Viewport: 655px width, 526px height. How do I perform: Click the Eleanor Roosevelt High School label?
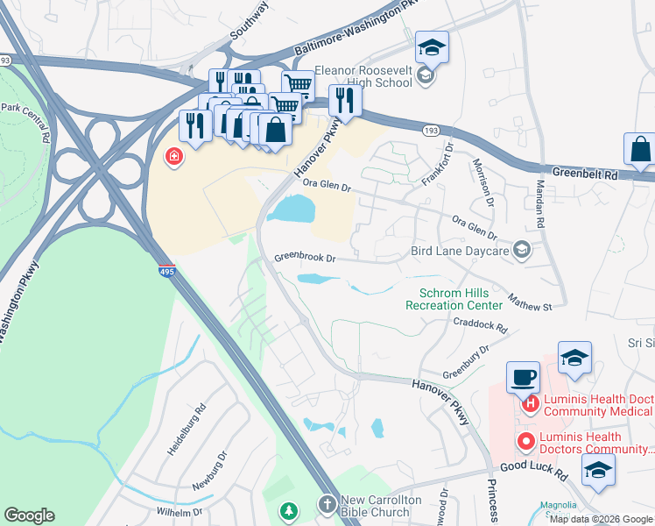click(363, 76)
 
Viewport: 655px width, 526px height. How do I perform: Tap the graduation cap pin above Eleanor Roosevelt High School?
click(431, 47)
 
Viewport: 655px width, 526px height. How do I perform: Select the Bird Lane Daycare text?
click(460, 252)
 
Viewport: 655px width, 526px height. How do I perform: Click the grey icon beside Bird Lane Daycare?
click(522, 252)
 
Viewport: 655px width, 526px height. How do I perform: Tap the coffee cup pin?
click(525, 377)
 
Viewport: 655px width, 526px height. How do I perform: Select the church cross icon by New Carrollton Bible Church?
click(327, 505)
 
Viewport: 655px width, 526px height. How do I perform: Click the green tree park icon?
click(289, 509)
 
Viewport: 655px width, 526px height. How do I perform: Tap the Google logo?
click(29, 515)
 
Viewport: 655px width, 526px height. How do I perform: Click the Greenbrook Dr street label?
click(305, 259)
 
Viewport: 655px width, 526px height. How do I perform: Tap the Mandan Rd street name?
click(540, 207)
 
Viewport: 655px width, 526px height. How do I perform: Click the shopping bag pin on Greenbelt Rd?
click(640, 151)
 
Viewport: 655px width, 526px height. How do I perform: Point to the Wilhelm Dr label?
click(179, 512)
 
